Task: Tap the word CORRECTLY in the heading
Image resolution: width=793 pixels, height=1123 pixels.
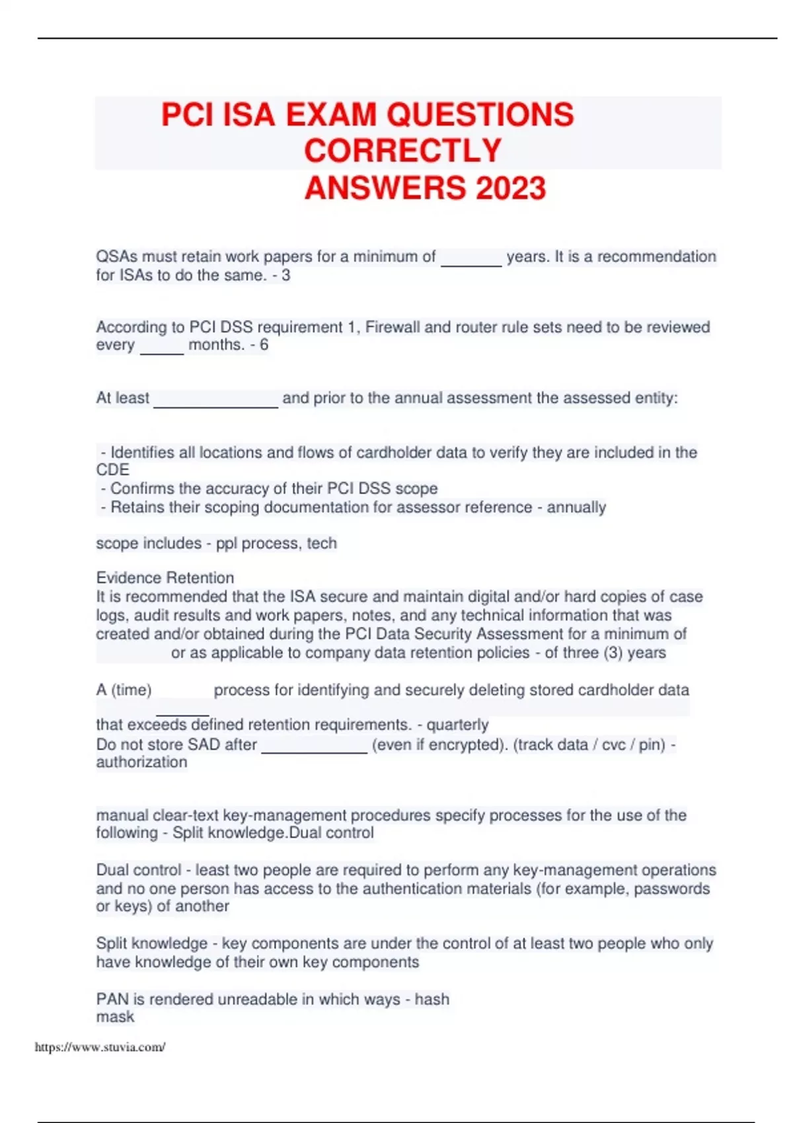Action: pos(402,151)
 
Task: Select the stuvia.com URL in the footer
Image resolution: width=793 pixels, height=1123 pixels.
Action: pos(100,1047)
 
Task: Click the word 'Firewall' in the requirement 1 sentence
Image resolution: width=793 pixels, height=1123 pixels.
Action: pos(393,327)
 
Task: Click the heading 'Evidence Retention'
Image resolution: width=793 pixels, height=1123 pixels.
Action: pos(165,577)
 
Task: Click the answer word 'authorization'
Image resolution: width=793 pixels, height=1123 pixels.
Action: pos(141,762)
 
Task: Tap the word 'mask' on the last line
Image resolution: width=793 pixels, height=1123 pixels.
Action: pos(115,1017)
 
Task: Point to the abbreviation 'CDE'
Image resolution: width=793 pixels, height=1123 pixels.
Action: pos(112,470)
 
